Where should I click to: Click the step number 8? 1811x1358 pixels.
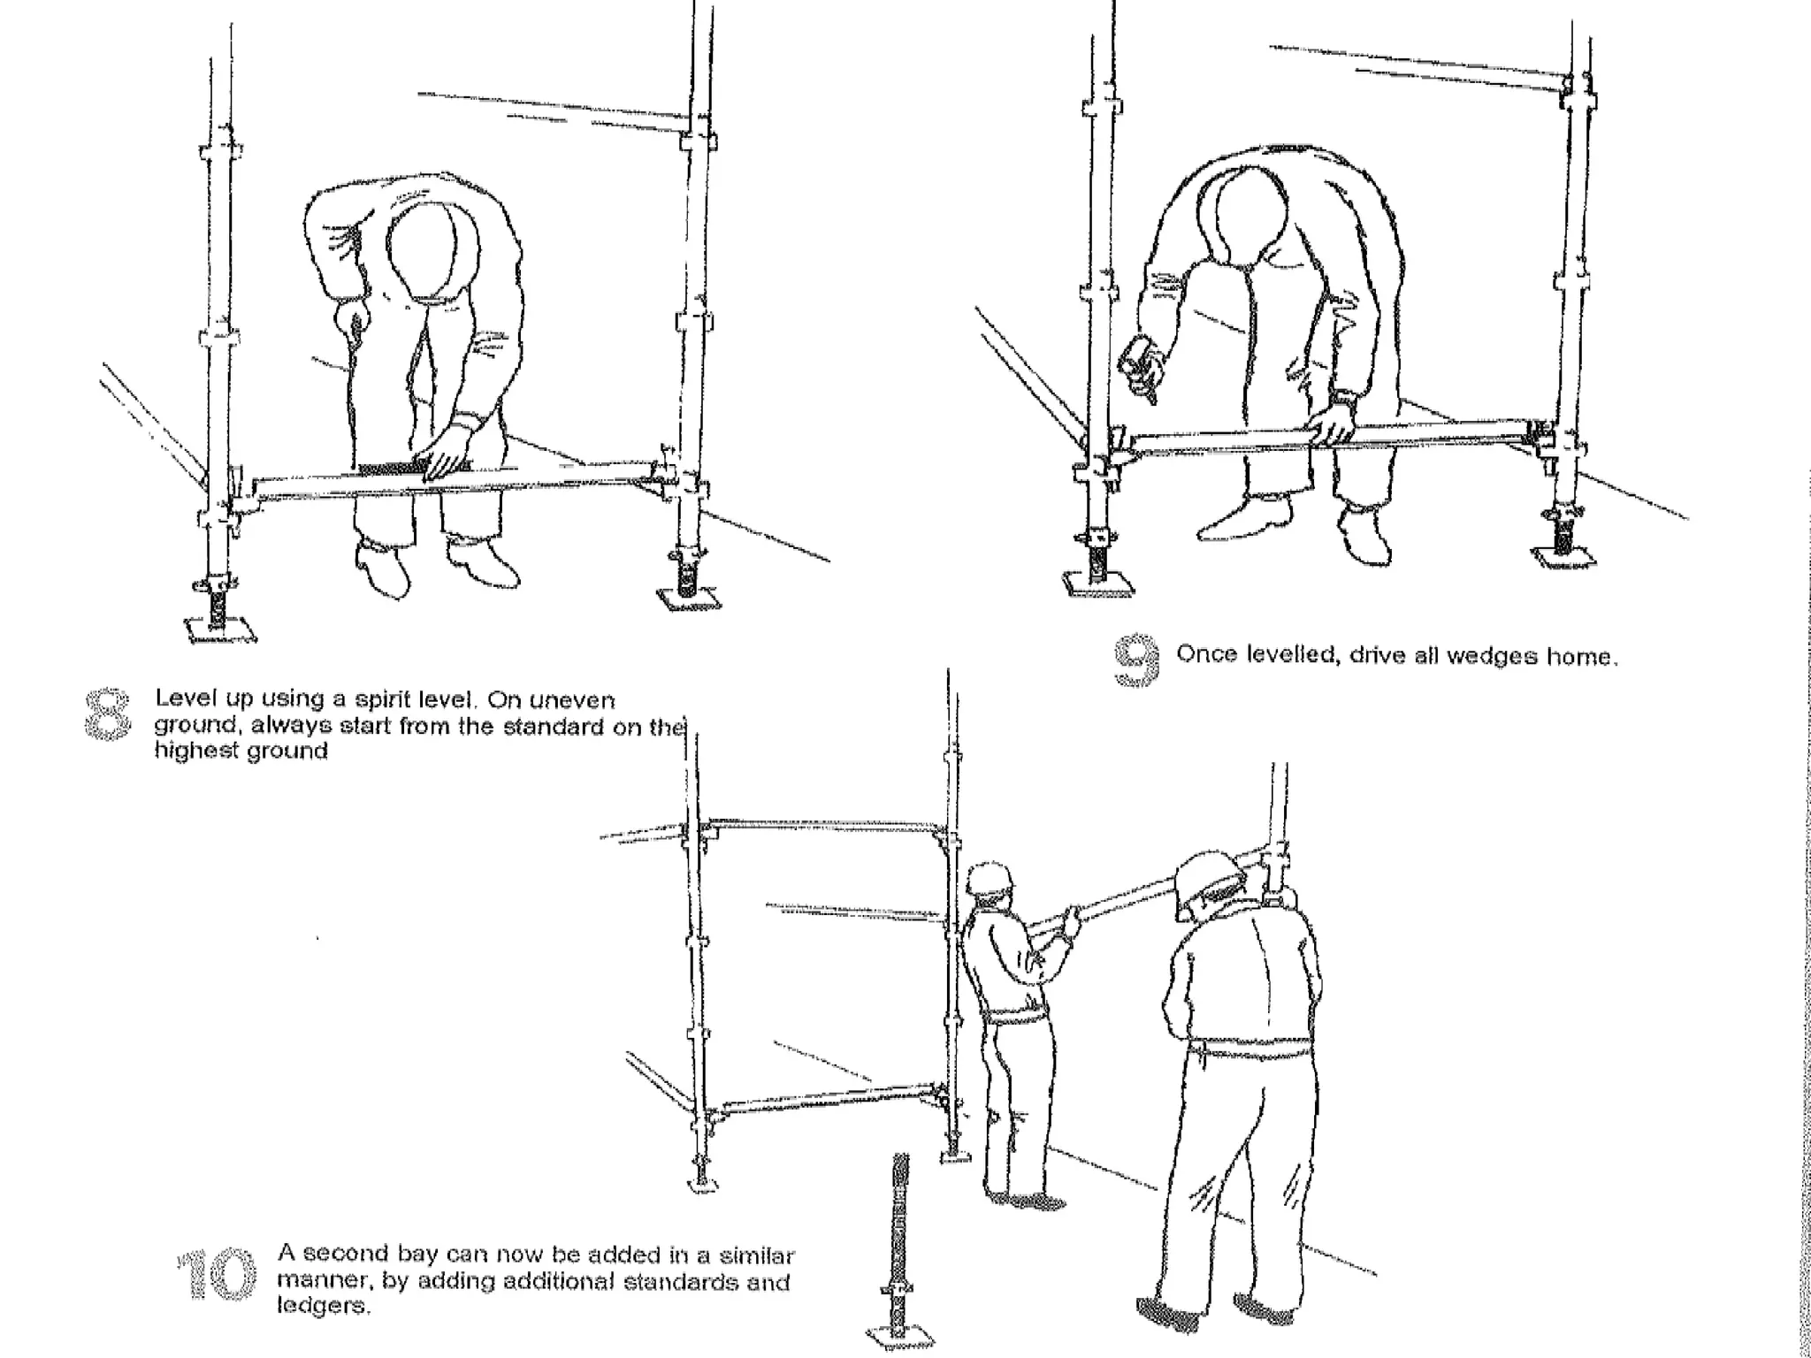pos(105,714)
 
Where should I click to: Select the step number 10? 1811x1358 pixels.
pos(217,1274)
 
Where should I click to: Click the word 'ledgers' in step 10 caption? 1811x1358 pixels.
pos(323,1307)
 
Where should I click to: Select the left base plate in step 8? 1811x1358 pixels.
pos(220,629)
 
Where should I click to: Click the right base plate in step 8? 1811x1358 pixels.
pos(689,601)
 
